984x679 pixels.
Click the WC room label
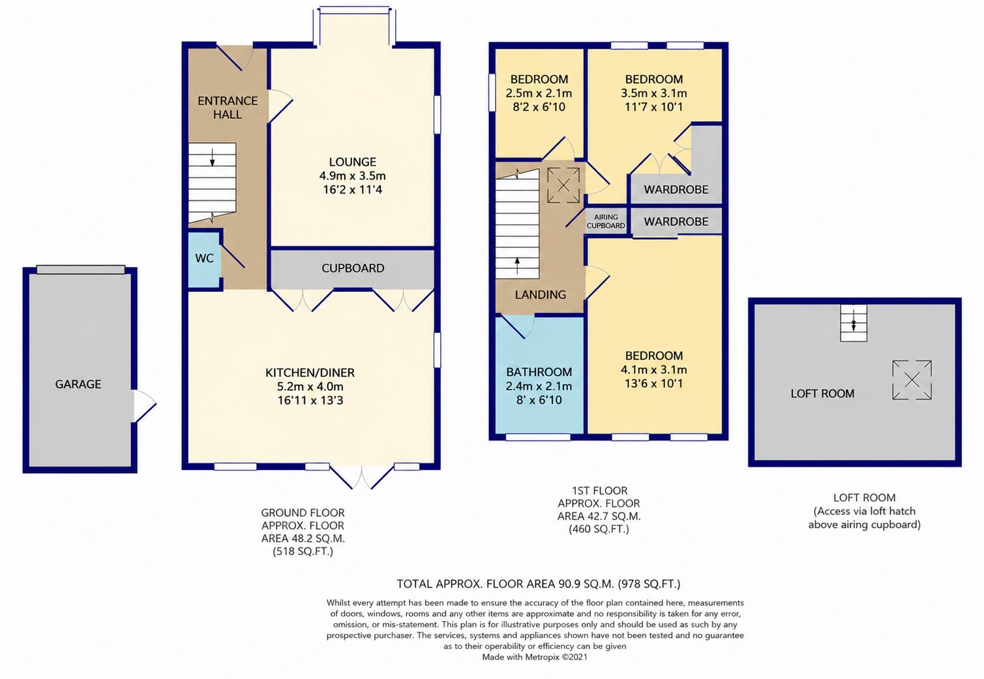point(204,258)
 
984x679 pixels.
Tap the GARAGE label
point(78,384)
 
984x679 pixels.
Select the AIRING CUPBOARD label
point(606,221)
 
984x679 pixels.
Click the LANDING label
point(541,295)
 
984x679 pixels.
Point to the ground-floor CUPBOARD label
point(353,268)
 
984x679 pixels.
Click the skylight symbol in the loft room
point(912,380)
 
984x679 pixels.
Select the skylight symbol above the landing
point(563,185)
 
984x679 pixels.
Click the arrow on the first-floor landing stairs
point(517,266)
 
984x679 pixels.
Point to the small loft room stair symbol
point(854,323)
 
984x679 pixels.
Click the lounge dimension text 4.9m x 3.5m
point(352,176)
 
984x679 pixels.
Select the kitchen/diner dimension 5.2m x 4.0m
point(310,386)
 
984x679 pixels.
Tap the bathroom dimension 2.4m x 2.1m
point(539,386)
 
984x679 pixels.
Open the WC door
point(232,256)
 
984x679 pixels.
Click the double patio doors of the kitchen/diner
point(362,477)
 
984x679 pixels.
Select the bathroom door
point(518,327)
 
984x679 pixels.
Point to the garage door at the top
point(81,269)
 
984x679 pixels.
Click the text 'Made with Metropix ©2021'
point(535,657)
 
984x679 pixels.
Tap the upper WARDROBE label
point(676,190)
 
